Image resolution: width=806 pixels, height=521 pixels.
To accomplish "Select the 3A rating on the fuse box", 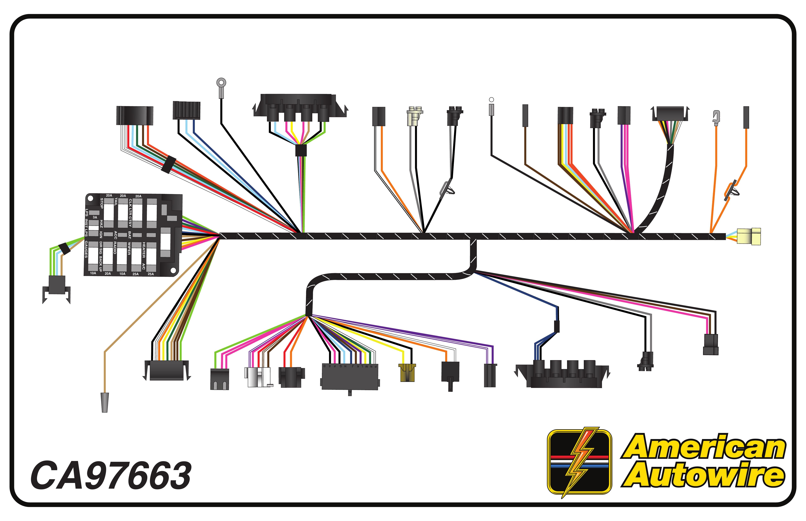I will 95,217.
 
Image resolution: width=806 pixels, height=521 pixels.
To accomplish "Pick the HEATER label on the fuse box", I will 144,250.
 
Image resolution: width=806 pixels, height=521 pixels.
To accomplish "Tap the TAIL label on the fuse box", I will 116,202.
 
